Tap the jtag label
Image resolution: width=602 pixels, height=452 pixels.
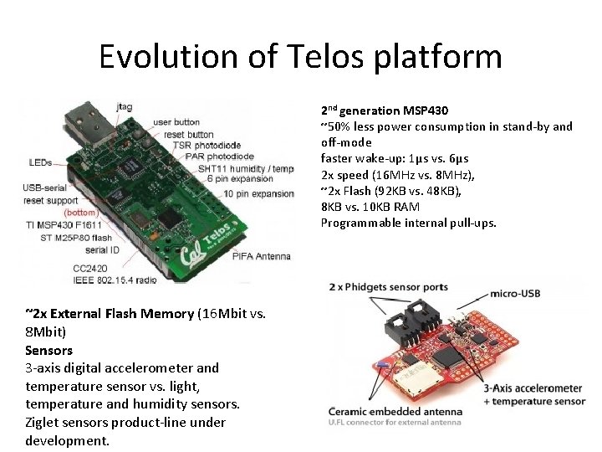[125, 107]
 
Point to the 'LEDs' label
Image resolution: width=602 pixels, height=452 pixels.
[40, 162]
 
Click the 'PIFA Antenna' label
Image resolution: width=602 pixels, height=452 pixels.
[261, 255]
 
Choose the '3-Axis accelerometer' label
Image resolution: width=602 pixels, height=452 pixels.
[532, 388]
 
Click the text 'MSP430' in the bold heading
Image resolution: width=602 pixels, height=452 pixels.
[425, 110]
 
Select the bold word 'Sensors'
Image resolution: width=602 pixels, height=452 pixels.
[48, 350]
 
